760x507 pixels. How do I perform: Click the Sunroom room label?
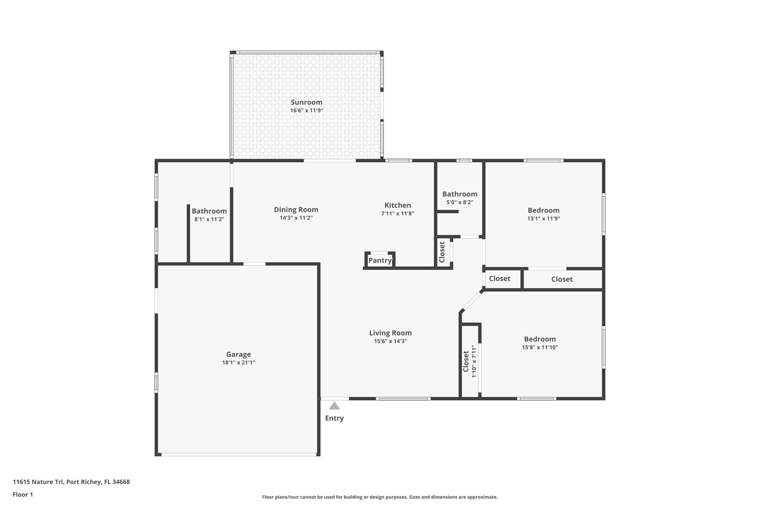click(306, 102)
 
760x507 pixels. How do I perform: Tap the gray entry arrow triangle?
click(334, 406)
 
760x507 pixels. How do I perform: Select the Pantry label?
click(380, 260)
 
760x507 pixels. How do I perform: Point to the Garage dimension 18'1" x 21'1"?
click(239, 363)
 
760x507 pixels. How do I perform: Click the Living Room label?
click(390, 333)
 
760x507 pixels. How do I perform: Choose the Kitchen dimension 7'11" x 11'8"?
click(397, 214)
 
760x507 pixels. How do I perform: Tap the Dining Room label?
click(296, 209)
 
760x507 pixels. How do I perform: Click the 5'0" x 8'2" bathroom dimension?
click(459, 202)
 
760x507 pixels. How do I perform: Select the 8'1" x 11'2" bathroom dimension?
click(209, 220)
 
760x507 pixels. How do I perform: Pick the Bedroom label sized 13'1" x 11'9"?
click(543, 210)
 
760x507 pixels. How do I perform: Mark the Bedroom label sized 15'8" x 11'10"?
click(540, 339)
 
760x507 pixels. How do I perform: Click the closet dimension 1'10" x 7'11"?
click(474, 361)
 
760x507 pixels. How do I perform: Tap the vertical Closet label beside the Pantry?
click(442, 252)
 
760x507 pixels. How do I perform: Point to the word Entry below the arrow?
click(334, 418)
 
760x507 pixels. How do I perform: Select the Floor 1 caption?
click(23, 494)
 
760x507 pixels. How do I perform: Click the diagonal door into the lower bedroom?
click(472, 301)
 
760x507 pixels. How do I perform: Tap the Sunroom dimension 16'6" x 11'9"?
click(307, 111)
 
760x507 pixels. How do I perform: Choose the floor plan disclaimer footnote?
click(380, 497)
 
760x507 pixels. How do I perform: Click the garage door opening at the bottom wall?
click(239, 454)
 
